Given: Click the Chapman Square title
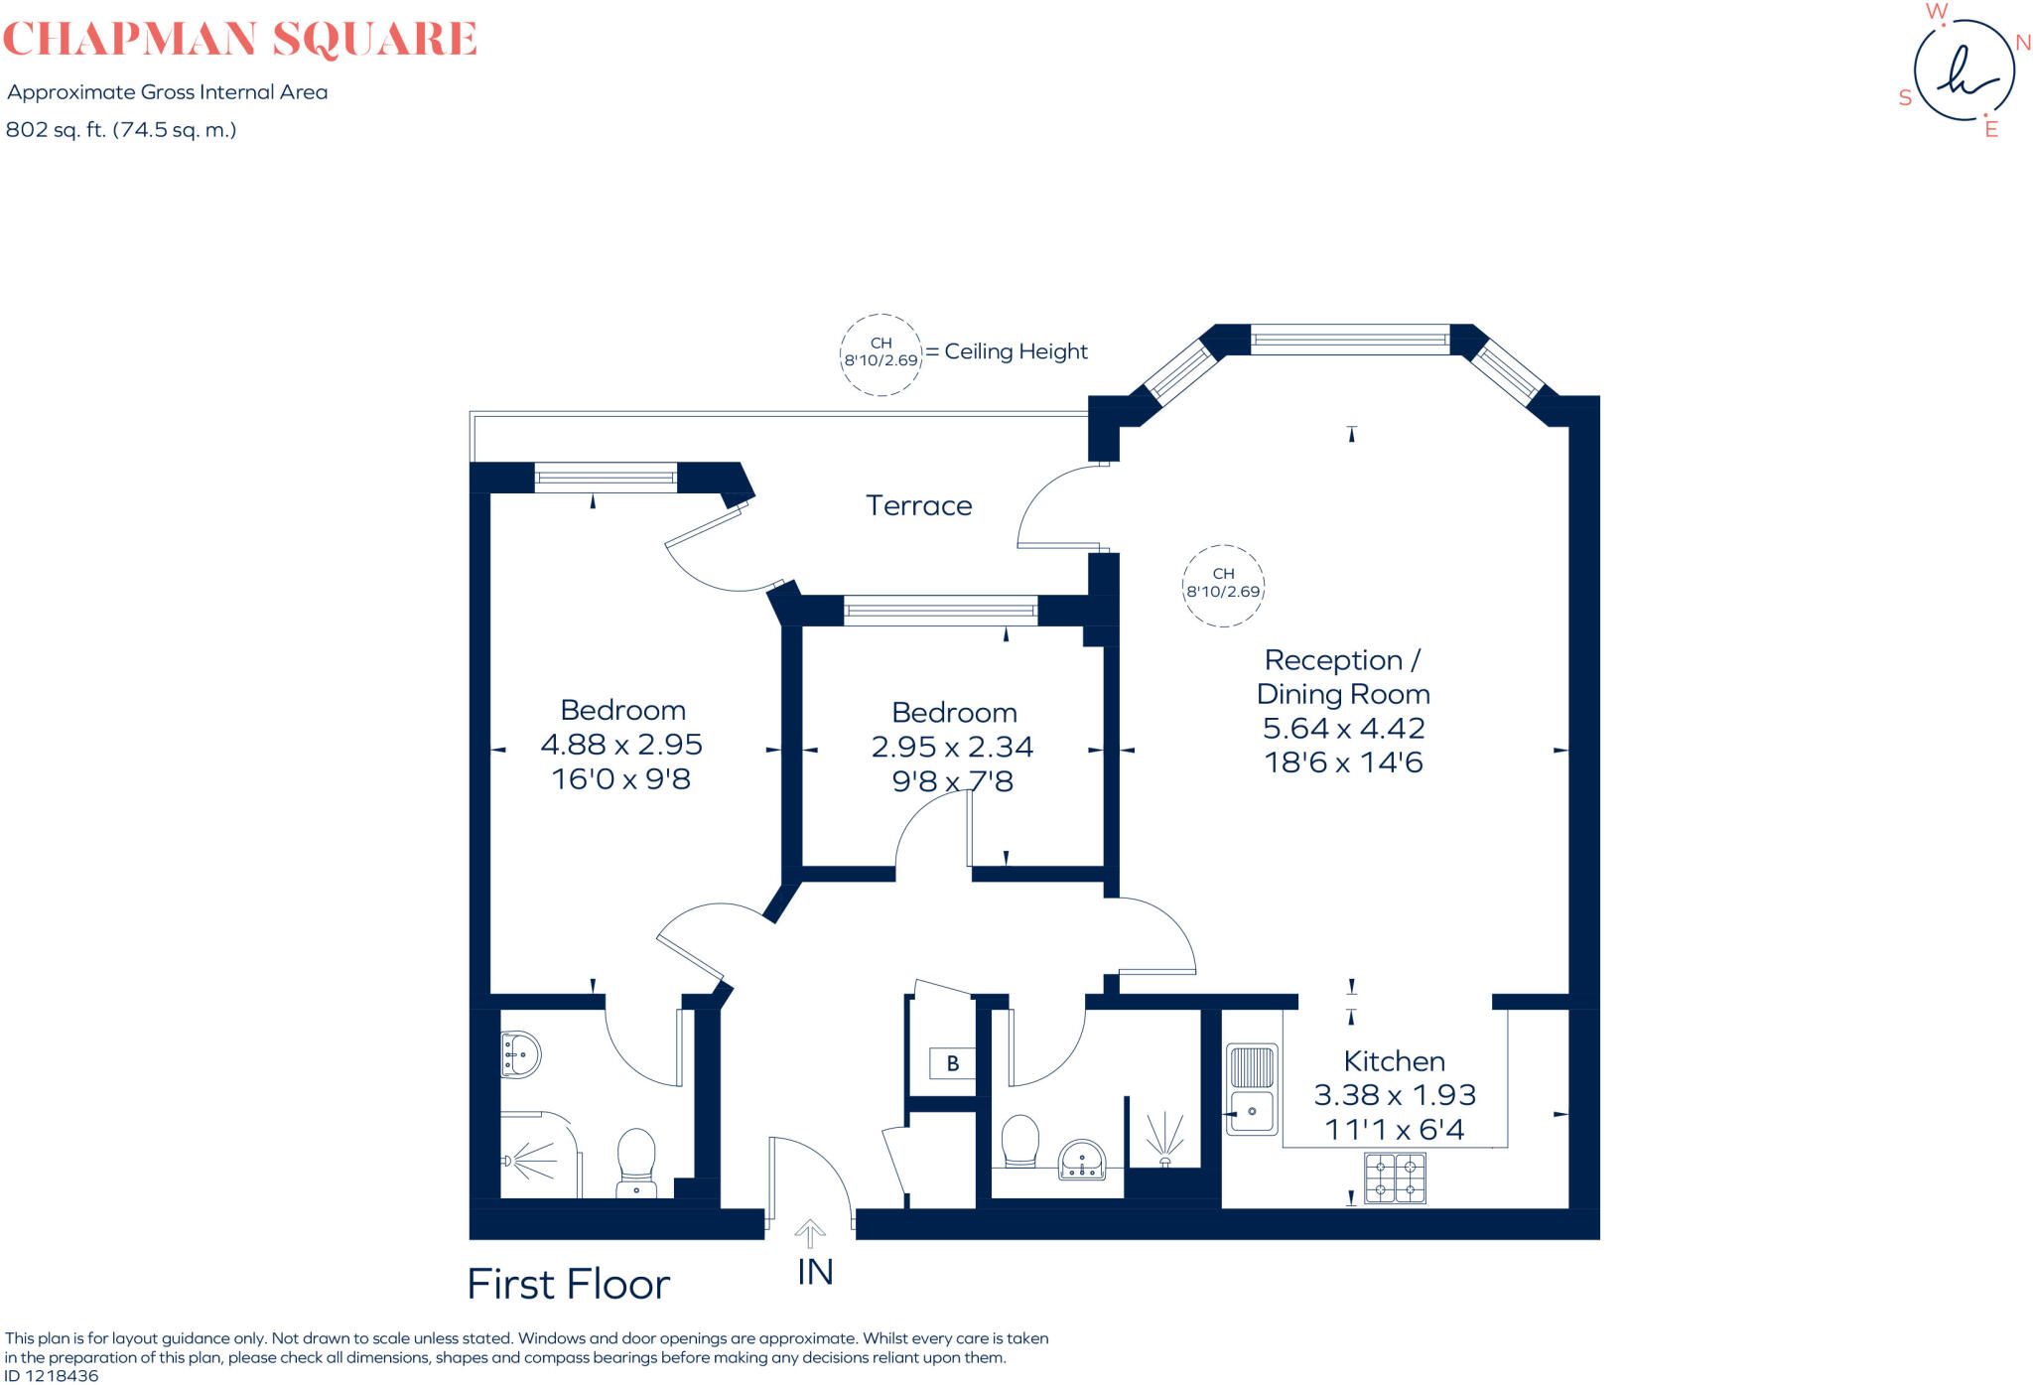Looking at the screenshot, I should pyautogui.click(x=240, y=40).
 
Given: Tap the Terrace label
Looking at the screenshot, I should pyautogui.click(x=918, y=505).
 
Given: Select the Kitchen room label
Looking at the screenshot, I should pyautogui.click(x=1394, y=1060).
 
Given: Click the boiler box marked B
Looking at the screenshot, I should pyautogui.click(x=952, y=1063).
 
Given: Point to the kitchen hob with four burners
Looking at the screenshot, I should pyautogui.click(x=1395, y=1177).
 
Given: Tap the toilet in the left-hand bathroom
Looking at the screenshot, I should pyautogui.click(x=636, y=1161).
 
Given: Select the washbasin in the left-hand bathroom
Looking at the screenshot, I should pyautogui.click(x=520, y=1054).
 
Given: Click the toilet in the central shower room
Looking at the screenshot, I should pyautogui.click(x=1019, y=1141).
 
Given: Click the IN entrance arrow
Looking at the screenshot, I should pyautogui.click(x=811, y=1236).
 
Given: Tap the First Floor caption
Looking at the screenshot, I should pyautogui.click(x=568, y=1285).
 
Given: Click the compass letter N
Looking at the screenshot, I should pyautogui.click(x=2022, y=43).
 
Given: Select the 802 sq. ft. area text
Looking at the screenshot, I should pyautogui.click(x=120, y=130).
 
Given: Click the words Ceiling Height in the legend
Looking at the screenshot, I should pyautogui.click(x=1016, y=351).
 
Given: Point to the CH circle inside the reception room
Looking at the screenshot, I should pyautogui.click(x=1223, y=585).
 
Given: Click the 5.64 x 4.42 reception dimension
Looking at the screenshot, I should pyautogui.click(x=1342, y=728).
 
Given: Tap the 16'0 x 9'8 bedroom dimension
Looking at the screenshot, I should pyautogui.click(x=620, y=778).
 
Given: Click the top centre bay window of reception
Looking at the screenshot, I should pyautogui.click(x=1349, y=340).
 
